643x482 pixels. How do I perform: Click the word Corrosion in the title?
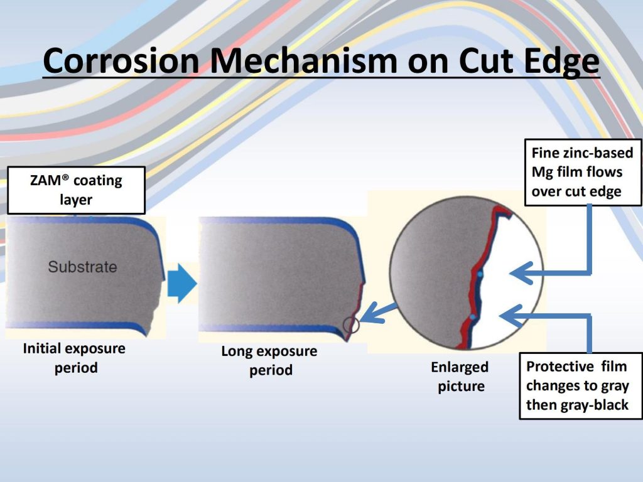121,61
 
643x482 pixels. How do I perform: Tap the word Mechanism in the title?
304,61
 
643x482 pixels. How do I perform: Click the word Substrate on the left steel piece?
82,267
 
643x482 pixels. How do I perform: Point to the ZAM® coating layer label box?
76,190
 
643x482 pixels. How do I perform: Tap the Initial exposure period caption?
74,358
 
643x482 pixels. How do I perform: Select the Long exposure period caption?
269,360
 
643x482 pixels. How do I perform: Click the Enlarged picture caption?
460,377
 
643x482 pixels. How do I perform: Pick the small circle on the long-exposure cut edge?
351,325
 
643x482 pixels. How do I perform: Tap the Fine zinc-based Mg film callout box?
583,172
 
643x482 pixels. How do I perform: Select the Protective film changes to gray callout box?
581,385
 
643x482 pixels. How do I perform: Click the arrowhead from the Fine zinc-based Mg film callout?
521,273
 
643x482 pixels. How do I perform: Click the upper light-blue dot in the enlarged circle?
480,274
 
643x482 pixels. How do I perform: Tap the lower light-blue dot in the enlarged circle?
473,317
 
